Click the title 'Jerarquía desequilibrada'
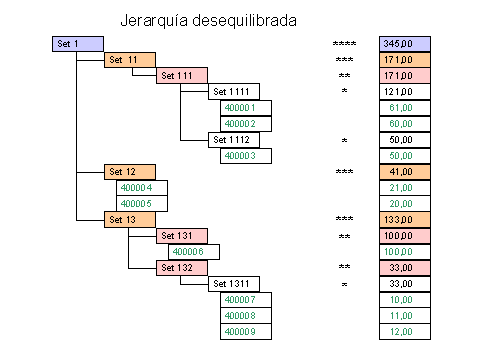(x=214, y=19)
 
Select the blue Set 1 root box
(x=77, y=44)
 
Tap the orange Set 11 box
(x=129, y=60)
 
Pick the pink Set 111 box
(x=182, y=76)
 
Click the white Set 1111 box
(x=234, y=92)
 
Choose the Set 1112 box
(x=234, y=140)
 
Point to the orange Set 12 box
(x=129, y=172)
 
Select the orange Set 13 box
(x=129, y=220)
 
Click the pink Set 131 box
(x=182, y=236)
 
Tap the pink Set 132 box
(x=182, y=268)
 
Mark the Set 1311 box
(x=234, y=284)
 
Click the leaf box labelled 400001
(x=246, y=108)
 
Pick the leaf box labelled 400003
(x=246, y=156)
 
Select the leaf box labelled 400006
(x=194, y=252)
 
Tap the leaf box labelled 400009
(x=246, y=332)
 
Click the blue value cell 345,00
(x=405, y=44)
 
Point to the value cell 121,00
(x=405, y=92)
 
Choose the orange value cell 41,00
(x=405, y=172)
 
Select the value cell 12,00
(x=405, y=332)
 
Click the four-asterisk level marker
(x=344, y=45)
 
